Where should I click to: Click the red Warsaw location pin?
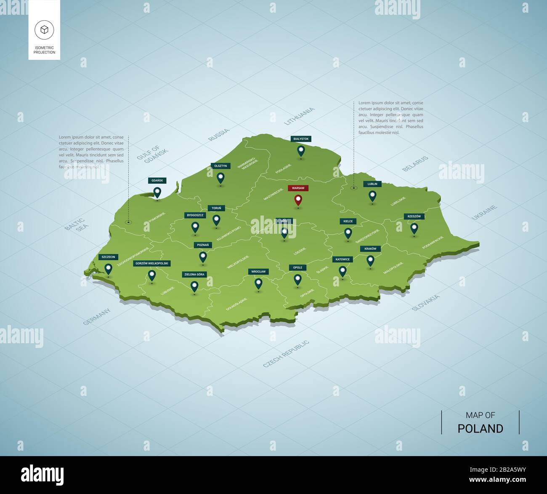[x=298, y=200]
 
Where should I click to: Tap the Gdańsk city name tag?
[x=157, y=181]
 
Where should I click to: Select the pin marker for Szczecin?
[x=109, y=268]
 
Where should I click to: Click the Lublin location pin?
[x=372, y=195]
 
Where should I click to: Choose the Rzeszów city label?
[x=414, y=216]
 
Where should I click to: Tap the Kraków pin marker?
[x=370, y=260]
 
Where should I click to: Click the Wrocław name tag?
[x=258, y=272]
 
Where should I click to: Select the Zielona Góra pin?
[x=194, y=286]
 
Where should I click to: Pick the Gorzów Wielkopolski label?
[x=151, y=264]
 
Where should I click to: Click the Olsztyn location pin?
[x=220, y=178]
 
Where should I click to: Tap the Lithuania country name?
[x=299, y=116]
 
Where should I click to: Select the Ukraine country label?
[x=484, y=212]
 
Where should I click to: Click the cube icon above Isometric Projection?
[x=44, y=29]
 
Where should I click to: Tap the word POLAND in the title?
[x=480, y=429]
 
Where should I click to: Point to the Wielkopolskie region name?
[x=238, y=262]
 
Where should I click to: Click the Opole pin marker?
[x=297, y=279]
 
